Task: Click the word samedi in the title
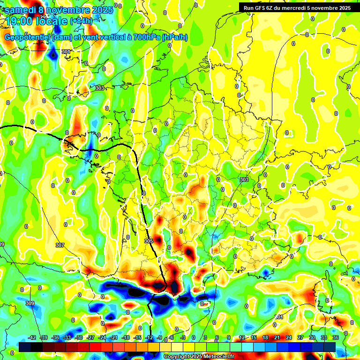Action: tap(20, 10)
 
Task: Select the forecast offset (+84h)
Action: tap(82, 21)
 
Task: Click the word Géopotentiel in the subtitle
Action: tap(28, 37)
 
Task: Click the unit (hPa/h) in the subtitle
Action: tap(175, 37)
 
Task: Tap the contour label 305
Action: tap(149, 241)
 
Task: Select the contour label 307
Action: tap(60, 245)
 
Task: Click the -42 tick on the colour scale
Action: tap(32, 337)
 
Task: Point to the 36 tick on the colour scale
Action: tap(336, 337)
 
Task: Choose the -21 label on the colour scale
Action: tap(114, 337)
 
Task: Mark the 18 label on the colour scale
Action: tap(265, 337)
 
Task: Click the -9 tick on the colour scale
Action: tap(160, 337)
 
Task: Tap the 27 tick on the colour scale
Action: tap(300, 337)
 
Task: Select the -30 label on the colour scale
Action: tap(79, 337)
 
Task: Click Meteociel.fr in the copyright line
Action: tap(217, 357)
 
